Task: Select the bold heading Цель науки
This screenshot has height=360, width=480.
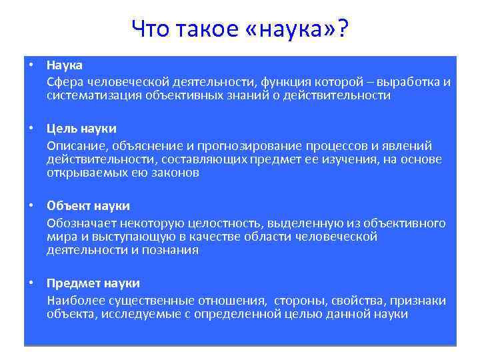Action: pyautogui.click(x=81, y=129)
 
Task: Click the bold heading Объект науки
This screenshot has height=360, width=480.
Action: pyautogui.click(x=88, y=206)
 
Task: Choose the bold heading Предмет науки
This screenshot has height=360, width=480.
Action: pyautogui.click(x=93, y=283)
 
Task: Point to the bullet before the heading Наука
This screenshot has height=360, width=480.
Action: pyautogui.click(x=31, y=65)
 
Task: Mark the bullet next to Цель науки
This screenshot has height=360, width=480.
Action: pyautogui.click(x=31, y=129)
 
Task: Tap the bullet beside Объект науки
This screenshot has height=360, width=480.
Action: pyautogui.click(x=31, y=206)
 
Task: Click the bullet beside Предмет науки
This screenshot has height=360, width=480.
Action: pyautogui.click(x=31, y=283)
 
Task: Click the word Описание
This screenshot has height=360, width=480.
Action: pyautogui.click(x=72, y=146)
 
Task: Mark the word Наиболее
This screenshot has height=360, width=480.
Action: pyautogui.click(x=73, y=301)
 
